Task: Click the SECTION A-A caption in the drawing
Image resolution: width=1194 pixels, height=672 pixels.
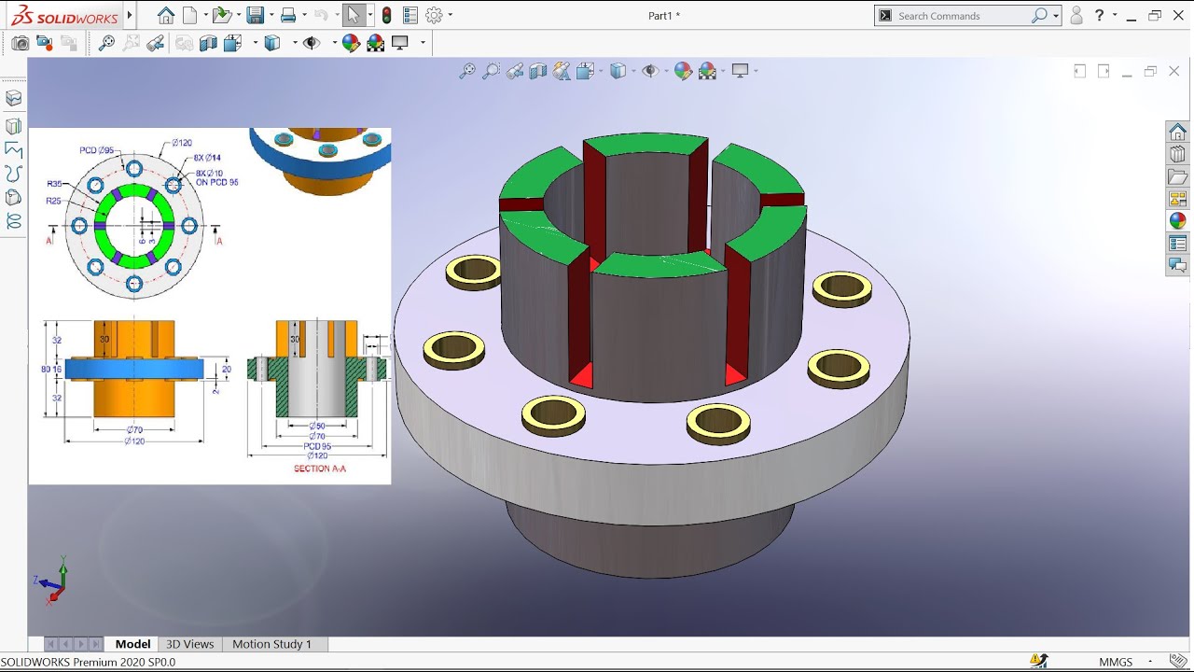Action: coord(319,469)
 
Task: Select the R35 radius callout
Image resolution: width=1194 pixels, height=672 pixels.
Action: coord(55,185)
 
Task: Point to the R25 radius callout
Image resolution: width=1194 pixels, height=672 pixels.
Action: coord(55,201)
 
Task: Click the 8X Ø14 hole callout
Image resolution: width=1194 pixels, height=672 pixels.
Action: coord(207,158)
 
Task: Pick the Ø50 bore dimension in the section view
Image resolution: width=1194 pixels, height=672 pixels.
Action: coord(318,426)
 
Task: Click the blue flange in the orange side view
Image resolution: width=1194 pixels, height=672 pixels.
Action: coord(134,369)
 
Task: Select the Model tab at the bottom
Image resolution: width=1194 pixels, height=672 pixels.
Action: coord(132,644)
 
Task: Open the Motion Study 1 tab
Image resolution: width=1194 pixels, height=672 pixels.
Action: coord(271,644)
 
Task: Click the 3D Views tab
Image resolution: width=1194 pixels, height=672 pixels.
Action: coord(189,644)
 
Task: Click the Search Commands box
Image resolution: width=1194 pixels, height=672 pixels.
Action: coord(961,16)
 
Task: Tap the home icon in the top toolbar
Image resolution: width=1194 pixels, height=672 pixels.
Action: coord(166,15)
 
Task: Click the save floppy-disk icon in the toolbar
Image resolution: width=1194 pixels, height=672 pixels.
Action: coord(254,15)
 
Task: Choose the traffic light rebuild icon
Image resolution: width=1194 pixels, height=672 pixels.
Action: coord(386,15)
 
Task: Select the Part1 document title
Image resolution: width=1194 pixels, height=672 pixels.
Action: coord(663,16)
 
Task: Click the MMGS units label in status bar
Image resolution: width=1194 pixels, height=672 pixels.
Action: coord(1116,662)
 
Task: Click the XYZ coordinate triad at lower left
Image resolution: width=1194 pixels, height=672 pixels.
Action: coord(52,581)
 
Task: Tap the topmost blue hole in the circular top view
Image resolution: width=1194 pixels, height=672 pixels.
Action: coord(134,169)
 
